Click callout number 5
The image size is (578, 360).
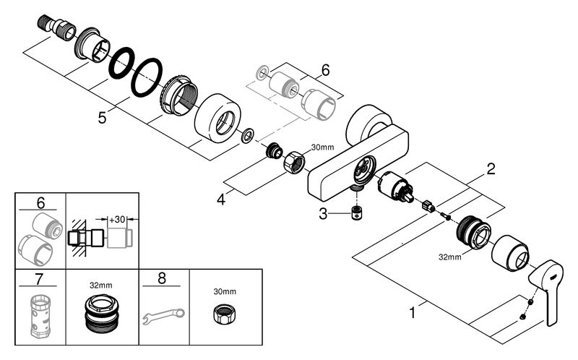tap(102, 118)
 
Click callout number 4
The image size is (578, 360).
tap(221, 200)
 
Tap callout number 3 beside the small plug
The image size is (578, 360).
tap(323, 213)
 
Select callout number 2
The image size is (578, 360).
tap(491, 169)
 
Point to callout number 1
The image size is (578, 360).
tap(413, 313)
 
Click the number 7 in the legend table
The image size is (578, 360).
tap(39, 279)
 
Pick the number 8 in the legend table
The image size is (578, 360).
tap(162, 278)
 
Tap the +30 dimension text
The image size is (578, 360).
tap(117, 220)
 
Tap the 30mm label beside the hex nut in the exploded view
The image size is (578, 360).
tap(322, 147)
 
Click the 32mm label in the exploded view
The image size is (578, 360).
tap(449, 257)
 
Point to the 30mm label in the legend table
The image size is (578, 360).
tap(225, 291)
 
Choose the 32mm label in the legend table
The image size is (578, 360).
tap(101, 285)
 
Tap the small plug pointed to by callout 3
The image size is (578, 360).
tap(356, 213)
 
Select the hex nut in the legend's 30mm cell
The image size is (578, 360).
tap(225, 315)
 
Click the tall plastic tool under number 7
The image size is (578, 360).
tap(40, 316)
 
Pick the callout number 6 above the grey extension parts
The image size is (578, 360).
tap(326, 70)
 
